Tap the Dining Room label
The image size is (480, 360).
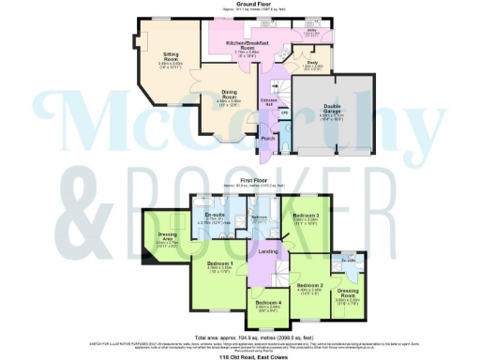[229, 95]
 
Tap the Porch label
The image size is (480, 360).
[268, 138]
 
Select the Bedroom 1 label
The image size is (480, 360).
[221, 264]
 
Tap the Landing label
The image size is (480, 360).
[267, 252]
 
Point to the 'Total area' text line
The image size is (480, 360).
[240, 337]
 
